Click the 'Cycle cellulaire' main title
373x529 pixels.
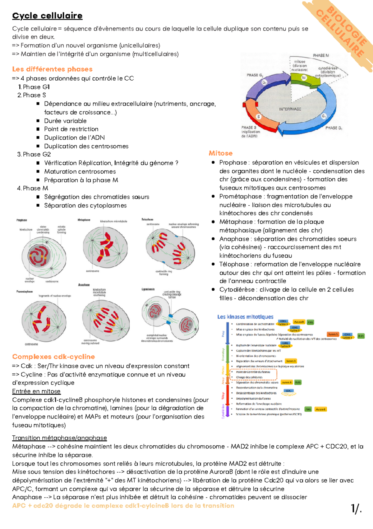point(47,16)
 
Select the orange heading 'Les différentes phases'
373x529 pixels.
point(52,69)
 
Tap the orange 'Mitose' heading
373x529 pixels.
point(221,153)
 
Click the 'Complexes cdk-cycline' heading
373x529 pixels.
point(53,357)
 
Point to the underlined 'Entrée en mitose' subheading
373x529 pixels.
point(36,391)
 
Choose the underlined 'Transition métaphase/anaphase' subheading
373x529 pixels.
point(59,438)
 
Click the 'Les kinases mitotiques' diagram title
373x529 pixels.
point(245,317)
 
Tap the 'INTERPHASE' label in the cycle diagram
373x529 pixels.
point(290,109)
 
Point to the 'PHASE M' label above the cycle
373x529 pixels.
point(321,55)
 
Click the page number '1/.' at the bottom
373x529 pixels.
point(356,508)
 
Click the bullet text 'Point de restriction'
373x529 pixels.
point(71,129)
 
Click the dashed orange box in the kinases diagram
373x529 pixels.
point(253,375)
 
